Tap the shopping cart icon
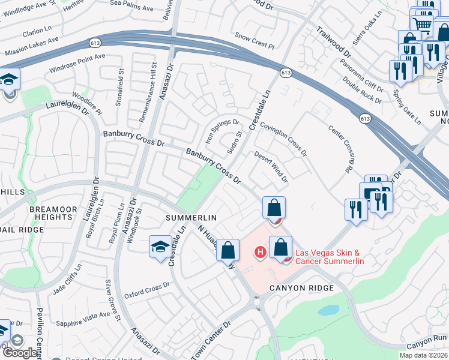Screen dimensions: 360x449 click(x=423, y=25)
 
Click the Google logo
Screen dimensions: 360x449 click(x=19, y=352)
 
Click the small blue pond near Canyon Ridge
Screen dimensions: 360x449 click(x=328, y=310)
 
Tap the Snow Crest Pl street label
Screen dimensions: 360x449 click(x=254, y=41)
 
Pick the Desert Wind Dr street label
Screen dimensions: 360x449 click(x=271, y=167)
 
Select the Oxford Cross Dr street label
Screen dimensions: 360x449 click(x=143, y=291)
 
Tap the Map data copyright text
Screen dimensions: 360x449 click(x=424, y=355)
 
